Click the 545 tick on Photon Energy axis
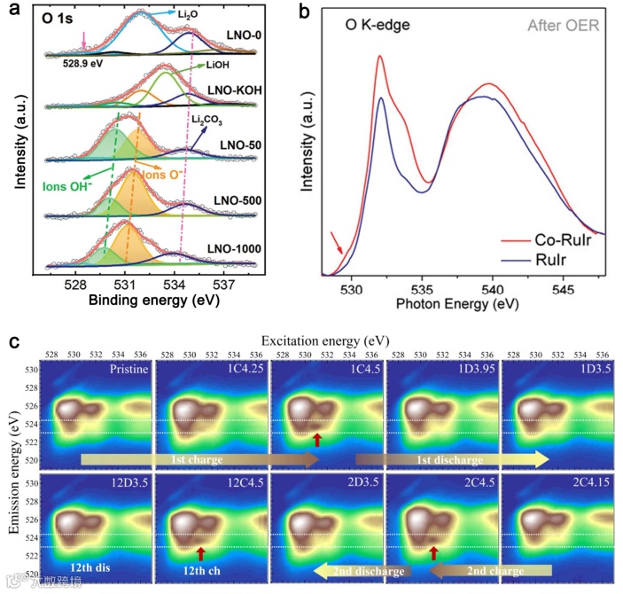563,289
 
